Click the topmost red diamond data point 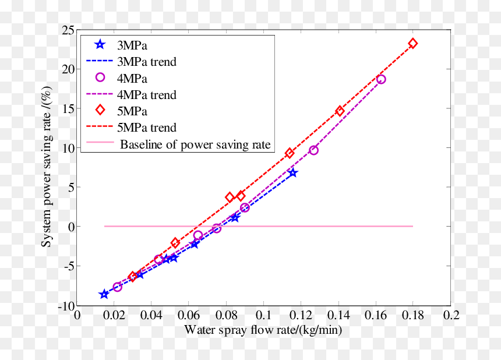pyautogui.click(x=413, y=44)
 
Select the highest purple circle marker pyautogui.click(x=381, y=79)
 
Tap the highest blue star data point pyautogui.click(x=292, y=173)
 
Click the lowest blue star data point pyautogui.click(x=104, y=294)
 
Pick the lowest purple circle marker pyautogui.click(x=117, y=287)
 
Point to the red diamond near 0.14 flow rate pyautogui.click(x=340, y=111)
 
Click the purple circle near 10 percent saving pyautogui.click(x=314, y=150)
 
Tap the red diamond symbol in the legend pyautogui.click(x=100, y=110)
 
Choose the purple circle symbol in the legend pyautogui.click(x=100, y=77)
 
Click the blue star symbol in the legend pyautogui.click(x=100, y=44)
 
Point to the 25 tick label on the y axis pyautogui.click(x=68, y=31)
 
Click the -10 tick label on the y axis pyautogui.click(x=66, y=306)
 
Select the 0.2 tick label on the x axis pyautogui.click(x=451, y=315)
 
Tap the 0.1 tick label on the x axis pyautogui.click(x=263, y=315)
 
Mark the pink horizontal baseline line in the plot pyautogui.click(x=259, y=226)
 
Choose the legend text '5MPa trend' pyautogui.click(x=147, y=128)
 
